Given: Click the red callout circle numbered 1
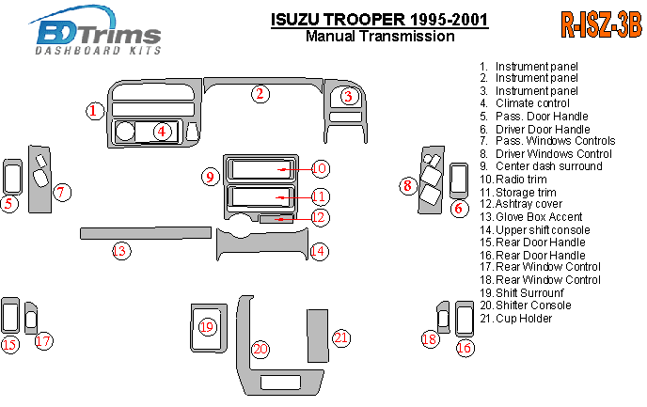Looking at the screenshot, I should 94,111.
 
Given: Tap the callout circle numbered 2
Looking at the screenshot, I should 260,93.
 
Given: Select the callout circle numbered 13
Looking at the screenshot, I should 121,250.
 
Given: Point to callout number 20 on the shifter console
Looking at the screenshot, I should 260,349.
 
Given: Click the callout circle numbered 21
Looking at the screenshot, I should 341,337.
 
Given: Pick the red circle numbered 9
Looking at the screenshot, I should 212,175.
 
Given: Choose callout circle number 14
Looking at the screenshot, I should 319,250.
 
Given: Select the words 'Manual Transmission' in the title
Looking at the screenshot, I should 380,37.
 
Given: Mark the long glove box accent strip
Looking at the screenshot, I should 145,231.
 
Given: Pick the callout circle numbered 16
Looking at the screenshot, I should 465,348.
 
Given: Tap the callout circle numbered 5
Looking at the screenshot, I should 9,202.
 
